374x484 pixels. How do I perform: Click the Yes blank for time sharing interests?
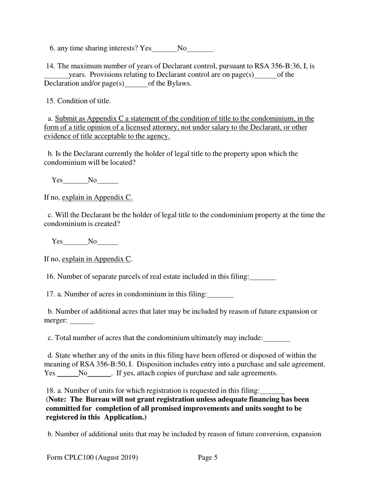click(164, 49)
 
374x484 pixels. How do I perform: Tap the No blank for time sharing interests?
click(200, 49)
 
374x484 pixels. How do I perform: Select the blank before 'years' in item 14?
click(56, 75)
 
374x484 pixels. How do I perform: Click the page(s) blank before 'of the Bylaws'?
click(136, 84)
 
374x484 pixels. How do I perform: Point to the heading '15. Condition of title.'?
click(78, 101)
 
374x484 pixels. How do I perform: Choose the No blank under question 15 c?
click(107, 242)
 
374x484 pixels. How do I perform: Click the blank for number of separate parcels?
click(263, 277)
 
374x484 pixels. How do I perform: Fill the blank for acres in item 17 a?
click(220, 295)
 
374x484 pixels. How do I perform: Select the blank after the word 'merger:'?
click(82, 321)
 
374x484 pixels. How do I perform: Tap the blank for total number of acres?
click(277, 338)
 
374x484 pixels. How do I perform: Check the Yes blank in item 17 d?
click(68, 374)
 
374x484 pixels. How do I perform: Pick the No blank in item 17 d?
click(99, 374)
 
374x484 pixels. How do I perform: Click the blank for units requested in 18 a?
click(272, 391)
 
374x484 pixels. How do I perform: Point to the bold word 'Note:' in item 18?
click(57, 400)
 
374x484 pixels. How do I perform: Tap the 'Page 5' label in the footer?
click(208, 458)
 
